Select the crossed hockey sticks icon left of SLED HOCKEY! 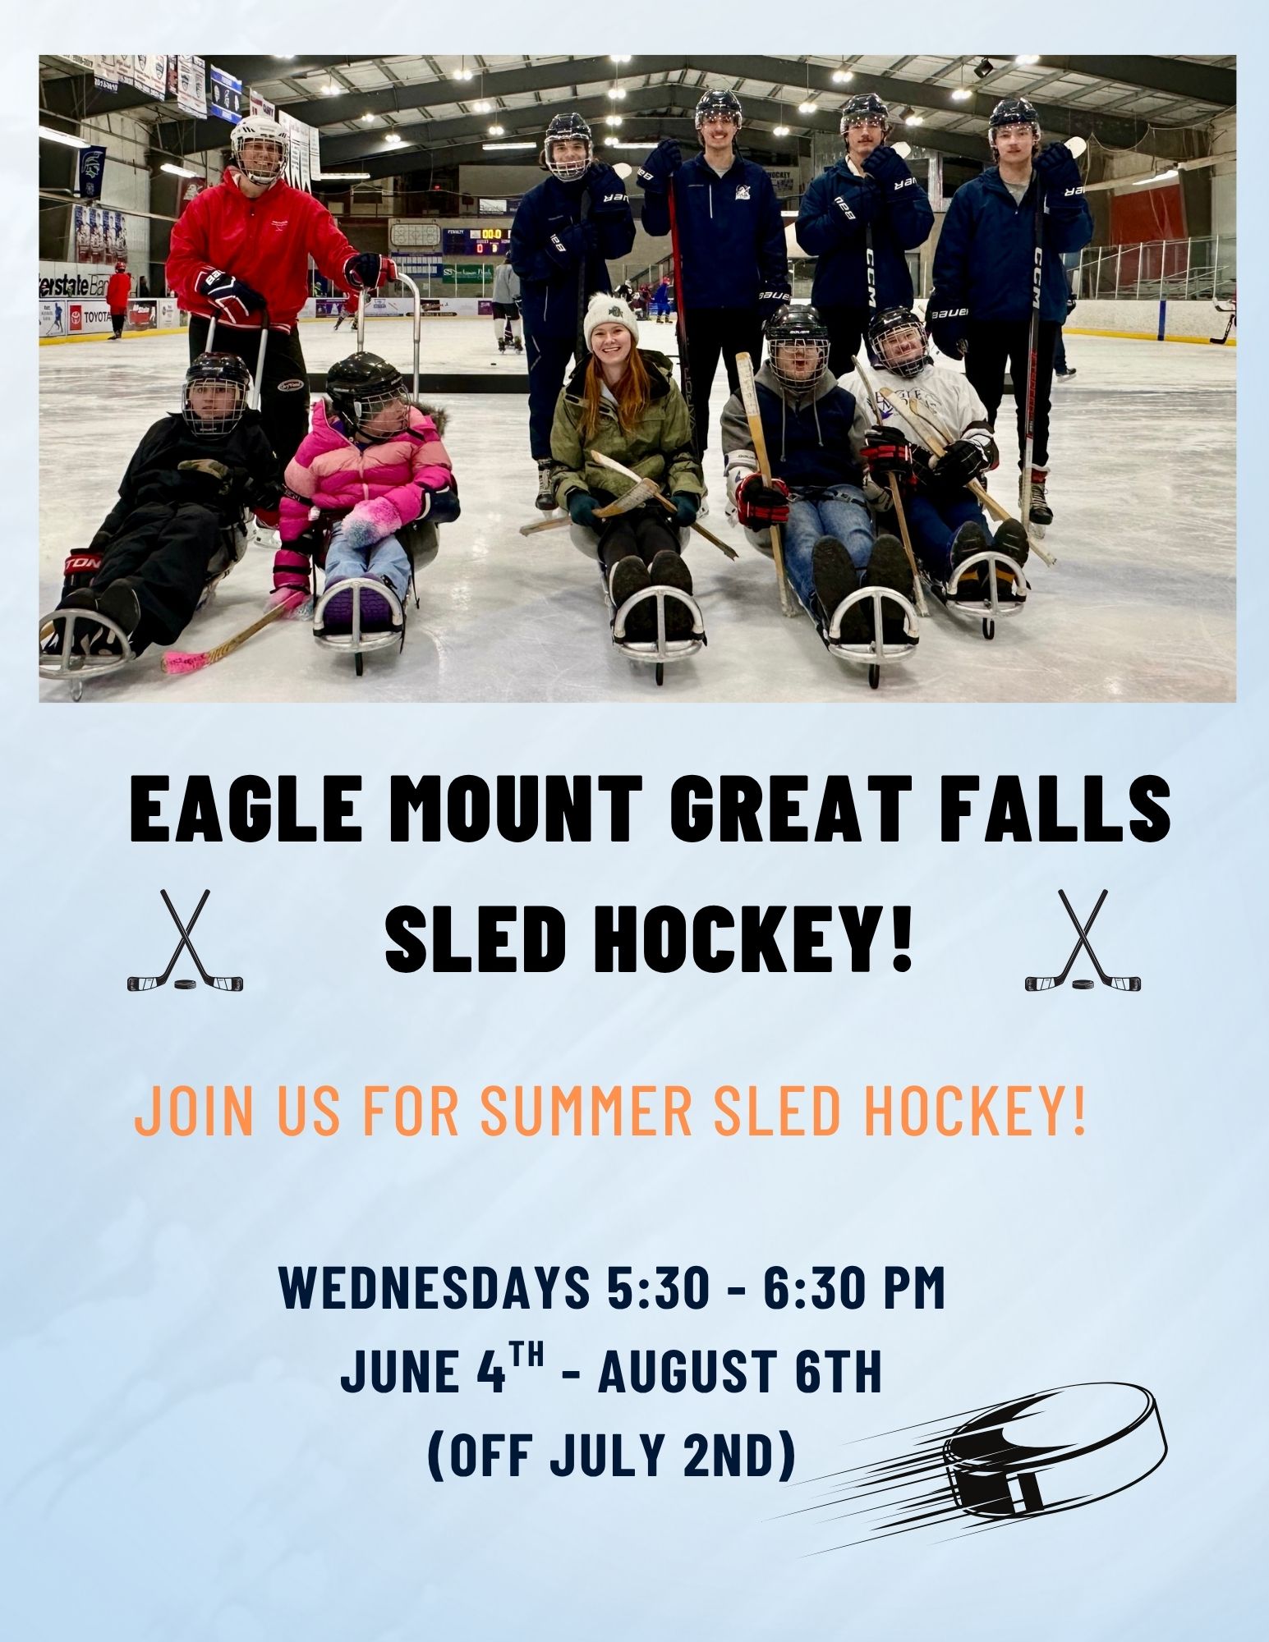186,940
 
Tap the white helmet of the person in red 259,144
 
